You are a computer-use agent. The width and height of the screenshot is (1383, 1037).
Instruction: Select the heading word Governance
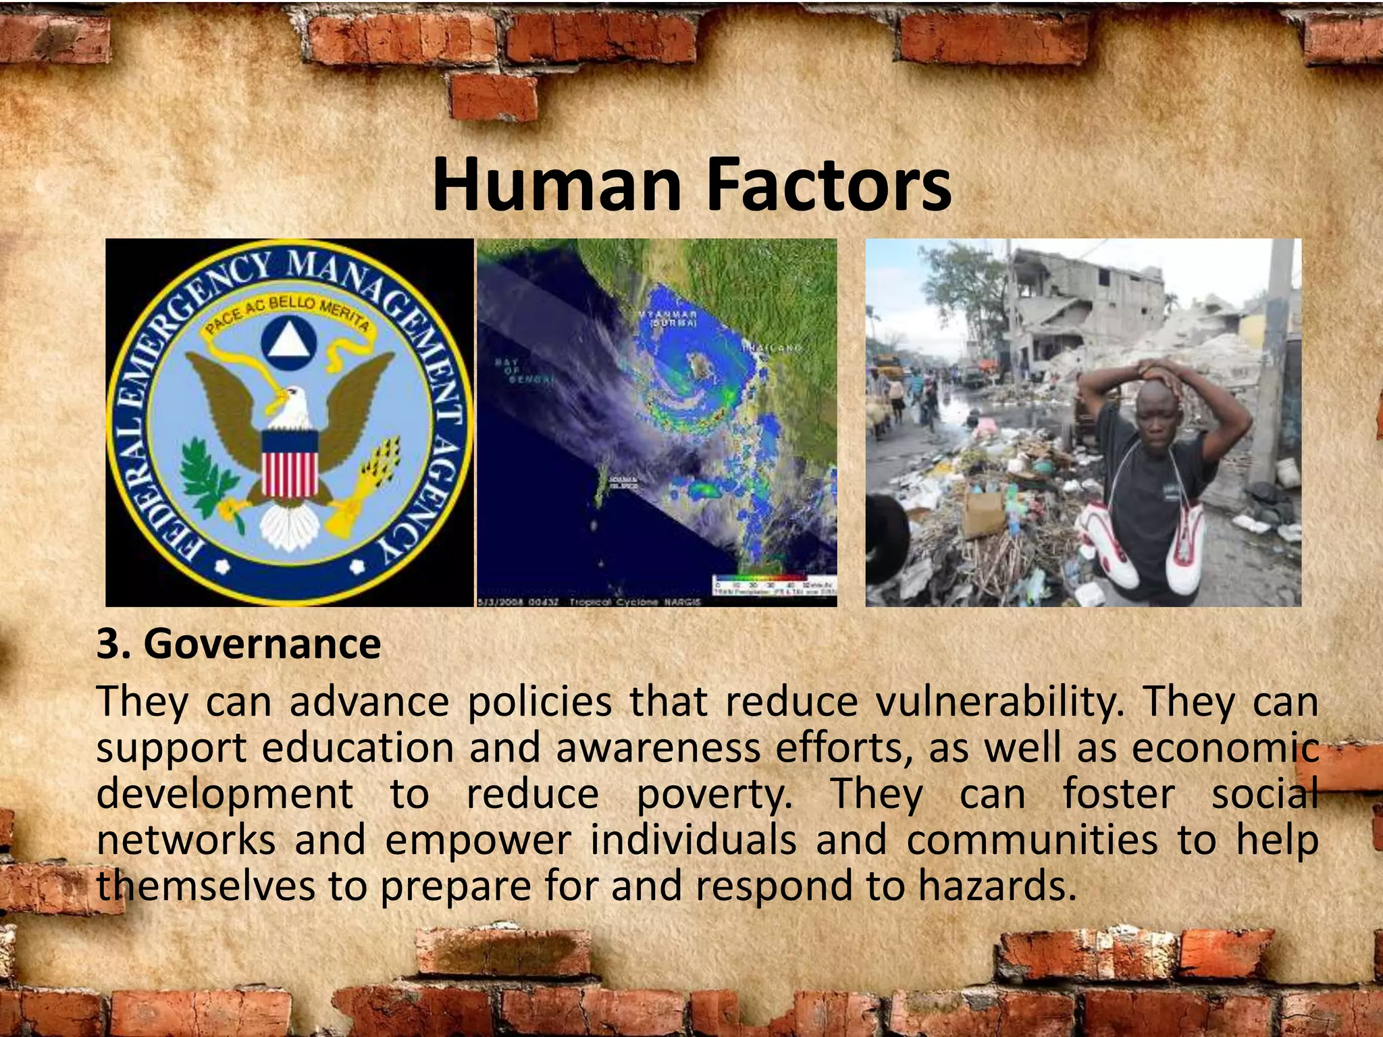click(x=262, y=644)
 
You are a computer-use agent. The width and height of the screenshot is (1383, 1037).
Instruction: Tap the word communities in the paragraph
click(x=1031, y=841)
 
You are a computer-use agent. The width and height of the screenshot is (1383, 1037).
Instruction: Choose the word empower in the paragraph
click(x=478, y=841)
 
